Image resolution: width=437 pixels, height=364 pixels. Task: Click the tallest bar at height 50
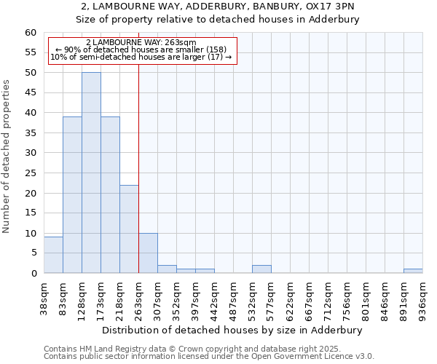[91, 173]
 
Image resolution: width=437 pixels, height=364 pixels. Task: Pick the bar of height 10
[148, 253]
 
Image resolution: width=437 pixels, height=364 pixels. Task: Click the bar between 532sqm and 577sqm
[261, 269]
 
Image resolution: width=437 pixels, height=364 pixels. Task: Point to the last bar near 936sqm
[413, 271]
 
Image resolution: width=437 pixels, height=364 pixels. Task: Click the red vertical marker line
[138, 182]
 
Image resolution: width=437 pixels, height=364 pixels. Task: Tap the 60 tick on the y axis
[31, 33]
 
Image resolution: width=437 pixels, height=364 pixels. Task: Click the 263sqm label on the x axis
[138, 297]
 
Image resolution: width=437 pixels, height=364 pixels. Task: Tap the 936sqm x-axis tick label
[422, 297]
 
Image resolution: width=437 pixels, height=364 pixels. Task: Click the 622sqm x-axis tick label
[290, 297]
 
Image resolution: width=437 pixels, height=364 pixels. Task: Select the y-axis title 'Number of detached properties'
[7, 157]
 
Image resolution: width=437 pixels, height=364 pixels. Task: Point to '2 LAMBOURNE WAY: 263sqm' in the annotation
[141, 43]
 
